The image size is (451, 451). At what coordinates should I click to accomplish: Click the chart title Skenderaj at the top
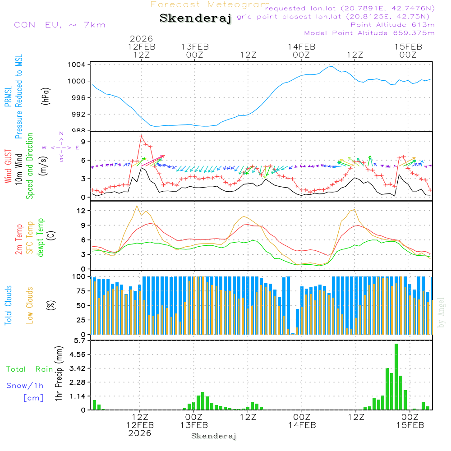tap(195, 18)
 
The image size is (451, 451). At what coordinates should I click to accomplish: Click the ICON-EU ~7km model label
tap(58, 25)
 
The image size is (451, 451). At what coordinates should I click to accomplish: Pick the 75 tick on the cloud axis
tap(81, 291)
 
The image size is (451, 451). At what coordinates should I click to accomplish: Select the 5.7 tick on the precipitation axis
tap(80, 340)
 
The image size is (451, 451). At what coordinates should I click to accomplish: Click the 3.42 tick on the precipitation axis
tap(77, 368)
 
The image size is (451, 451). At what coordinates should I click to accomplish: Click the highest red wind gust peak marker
tap(141, 136)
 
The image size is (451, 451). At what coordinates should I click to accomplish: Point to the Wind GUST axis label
tap(8, 166)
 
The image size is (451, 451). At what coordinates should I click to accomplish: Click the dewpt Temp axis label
tap(41, 238)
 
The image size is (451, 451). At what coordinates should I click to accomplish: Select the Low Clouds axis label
tap(30, 305)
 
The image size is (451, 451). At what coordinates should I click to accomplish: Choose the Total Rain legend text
tap(30, 369)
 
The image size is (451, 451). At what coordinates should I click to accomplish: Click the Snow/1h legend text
tap(25, 386)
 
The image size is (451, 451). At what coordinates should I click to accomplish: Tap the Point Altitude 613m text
tap(392, 25)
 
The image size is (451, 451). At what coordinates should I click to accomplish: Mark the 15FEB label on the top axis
tap(408, 46)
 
